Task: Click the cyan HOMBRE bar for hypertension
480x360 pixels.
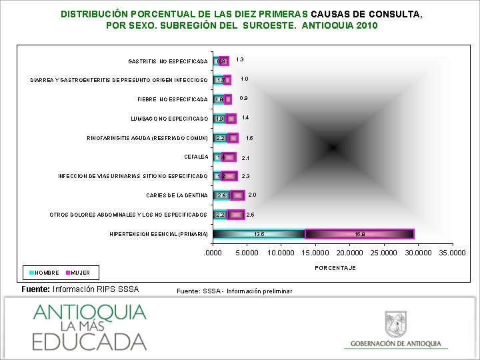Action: click(x=259, y=234)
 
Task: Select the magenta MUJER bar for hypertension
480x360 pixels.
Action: click(x=359, y=234)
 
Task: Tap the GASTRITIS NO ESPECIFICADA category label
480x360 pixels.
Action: click(x=167, y=61)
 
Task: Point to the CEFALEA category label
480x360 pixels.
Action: click(x=196, y=157)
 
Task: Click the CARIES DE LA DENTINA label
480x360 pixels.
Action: click(x=177, y=195)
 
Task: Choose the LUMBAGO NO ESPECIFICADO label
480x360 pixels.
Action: click(x=169, y=119)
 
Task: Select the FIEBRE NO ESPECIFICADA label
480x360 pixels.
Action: click(x=172, y=99)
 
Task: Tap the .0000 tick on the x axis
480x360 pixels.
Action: click(x=213, y=253)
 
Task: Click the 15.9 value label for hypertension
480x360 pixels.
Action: click(x=360, y=234)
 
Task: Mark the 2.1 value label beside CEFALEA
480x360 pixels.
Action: click(x=245, y=158)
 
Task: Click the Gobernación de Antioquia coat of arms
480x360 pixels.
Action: click(x=396, y=325)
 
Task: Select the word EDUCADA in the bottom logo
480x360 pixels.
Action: click(x=89, y=340)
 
